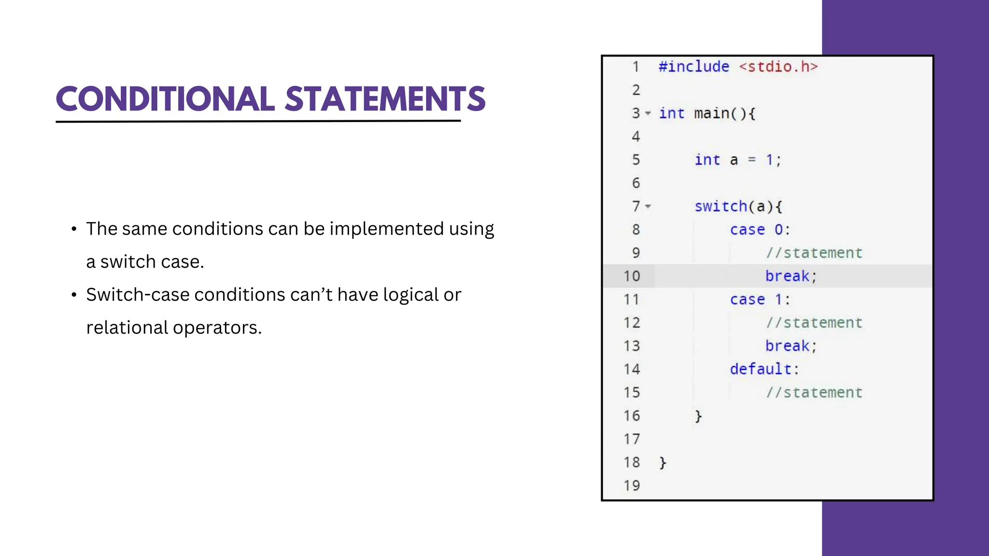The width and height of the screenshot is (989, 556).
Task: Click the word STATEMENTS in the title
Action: pos(385,99)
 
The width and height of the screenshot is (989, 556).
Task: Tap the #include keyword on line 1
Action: pos(693,67)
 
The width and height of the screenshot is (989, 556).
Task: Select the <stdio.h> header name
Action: pos(778,67)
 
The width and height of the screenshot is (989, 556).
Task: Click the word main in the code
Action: pos(711,113)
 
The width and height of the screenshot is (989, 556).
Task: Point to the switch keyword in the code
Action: pos(721,207)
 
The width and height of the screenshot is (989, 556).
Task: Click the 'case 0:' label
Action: pos(760,230)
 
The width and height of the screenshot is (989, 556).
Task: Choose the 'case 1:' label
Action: pos(760,300)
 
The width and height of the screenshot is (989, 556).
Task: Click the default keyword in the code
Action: pos(761,369)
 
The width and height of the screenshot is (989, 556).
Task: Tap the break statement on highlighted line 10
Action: pos(788,276)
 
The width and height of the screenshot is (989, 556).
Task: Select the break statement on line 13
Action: pos(788,346)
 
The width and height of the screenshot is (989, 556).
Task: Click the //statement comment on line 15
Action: pos(814,393)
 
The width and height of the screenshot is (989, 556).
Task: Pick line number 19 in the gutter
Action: pos(632,486)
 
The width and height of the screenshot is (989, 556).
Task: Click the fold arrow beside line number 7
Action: pos(648,207)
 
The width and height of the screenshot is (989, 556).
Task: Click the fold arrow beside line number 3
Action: pos(648,113)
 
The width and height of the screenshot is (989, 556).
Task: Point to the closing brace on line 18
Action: pos(663,463)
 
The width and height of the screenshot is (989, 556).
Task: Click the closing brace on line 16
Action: pos(698,416)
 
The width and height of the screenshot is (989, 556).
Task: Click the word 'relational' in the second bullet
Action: pos(127,328)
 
